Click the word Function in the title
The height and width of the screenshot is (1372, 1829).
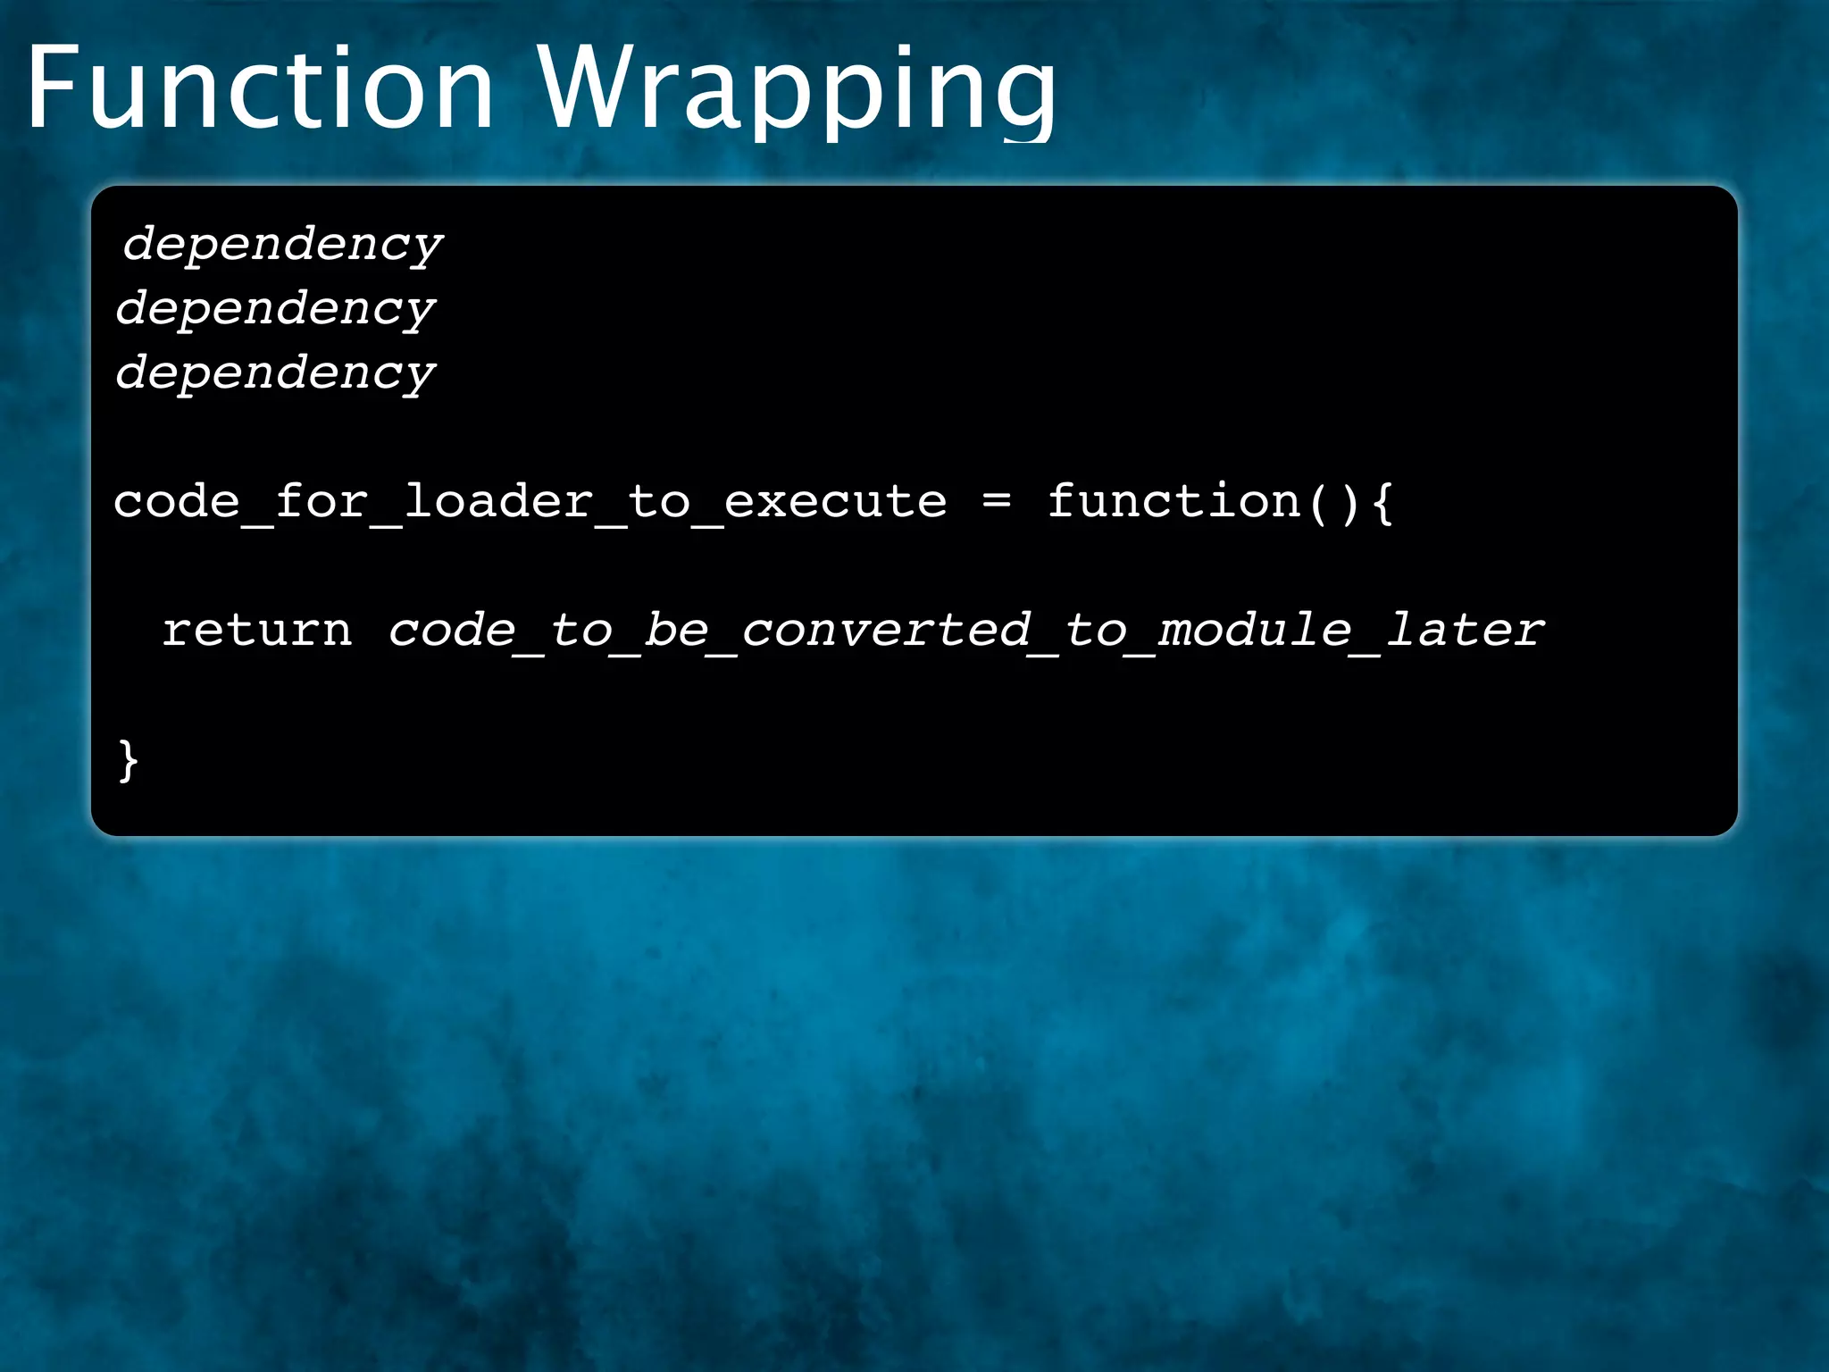pos(260,89)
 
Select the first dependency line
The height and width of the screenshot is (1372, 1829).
pos(282,244)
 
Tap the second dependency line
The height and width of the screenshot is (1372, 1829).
pos(275,308)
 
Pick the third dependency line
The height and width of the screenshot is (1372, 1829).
pos(275,372)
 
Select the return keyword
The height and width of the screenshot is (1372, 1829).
pos(257,630)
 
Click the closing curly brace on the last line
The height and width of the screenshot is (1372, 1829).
pos(128,761)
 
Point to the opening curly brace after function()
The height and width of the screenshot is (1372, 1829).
pos(1382,502)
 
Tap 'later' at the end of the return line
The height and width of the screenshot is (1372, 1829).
pos(1465,630)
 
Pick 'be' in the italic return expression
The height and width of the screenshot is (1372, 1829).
pos(676,630)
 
